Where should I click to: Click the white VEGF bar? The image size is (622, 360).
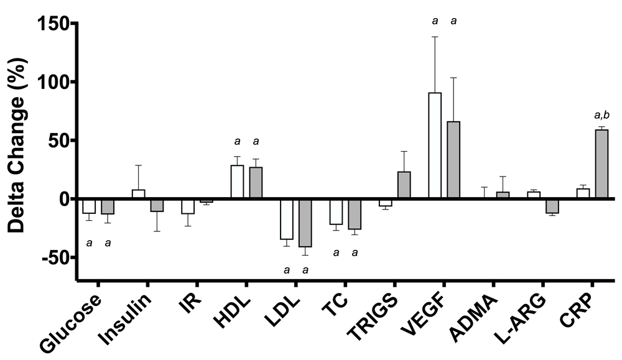coord(435,145)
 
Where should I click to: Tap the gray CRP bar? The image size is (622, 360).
coord(601,164)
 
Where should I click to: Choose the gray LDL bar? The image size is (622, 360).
coord(305,223)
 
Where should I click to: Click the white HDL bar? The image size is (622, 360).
coord(237,182)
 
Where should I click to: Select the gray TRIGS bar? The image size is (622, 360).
coord(404,185)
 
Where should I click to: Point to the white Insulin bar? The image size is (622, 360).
coord(138,194)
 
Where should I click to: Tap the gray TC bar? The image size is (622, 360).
coord(354,214)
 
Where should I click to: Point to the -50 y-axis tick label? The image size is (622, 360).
coord(55,257)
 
